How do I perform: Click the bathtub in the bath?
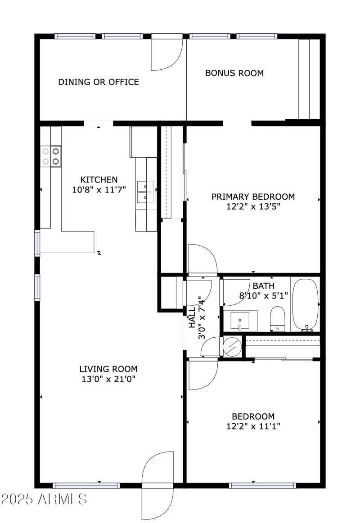pos(306,304)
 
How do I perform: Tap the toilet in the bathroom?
pos(277,318)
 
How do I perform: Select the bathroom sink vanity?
pos(240,321)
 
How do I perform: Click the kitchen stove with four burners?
pos(51,156)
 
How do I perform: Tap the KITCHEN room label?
pos(99,179)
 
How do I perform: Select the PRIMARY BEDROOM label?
pos(253,197)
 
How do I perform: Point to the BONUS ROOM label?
pos(234,73)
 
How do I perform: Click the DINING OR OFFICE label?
pos(99,82)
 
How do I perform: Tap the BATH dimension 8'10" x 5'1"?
pos(263,295)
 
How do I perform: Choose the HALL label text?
pos(192,317)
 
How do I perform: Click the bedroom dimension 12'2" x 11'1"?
pos(253,426)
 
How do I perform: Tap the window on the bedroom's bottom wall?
pos(262,486)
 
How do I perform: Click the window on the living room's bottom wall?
pos(85,486)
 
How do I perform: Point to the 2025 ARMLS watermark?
pos(44,499)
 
